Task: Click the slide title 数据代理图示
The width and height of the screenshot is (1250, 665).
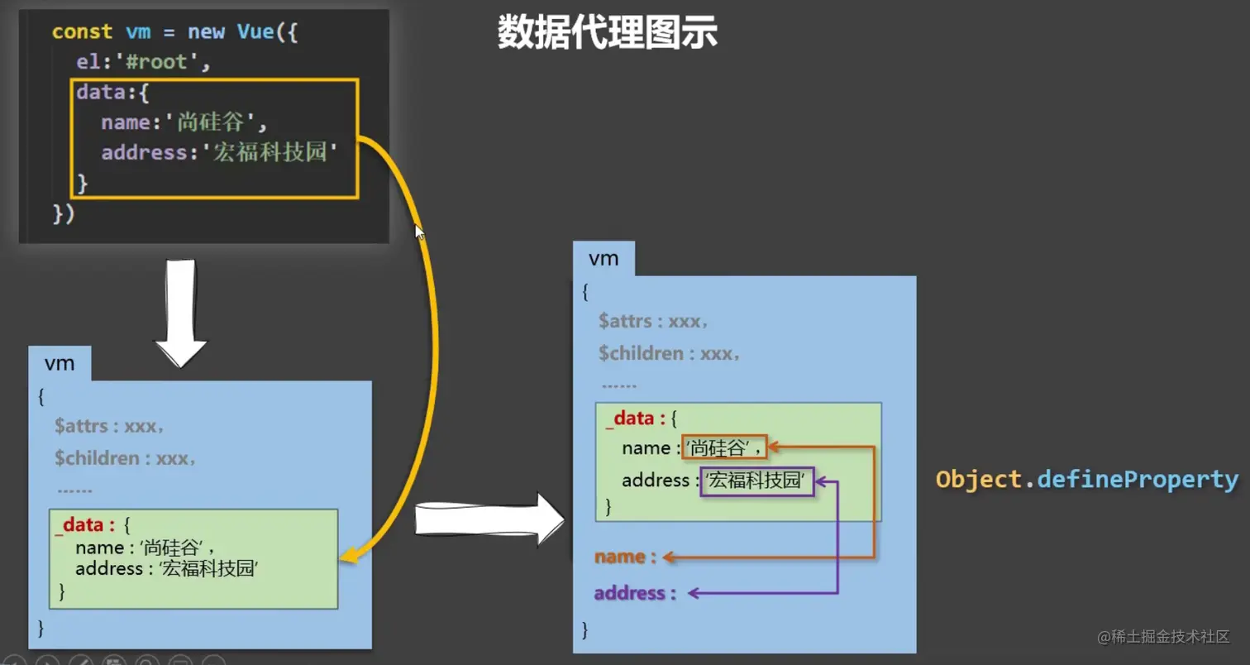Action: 607,33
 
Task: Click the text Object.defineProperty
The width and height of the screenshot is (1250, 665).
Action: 1086,480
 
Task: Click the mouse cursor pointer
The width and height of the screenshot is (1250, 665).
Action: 419,232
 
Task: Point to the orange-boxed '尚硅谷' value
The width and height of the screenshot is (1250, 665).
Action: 724,447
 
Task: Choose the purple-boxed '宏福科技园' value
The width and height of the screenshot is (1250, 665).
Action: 756,481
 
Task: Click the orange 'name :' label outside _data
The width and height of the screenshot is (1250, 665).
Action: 625,557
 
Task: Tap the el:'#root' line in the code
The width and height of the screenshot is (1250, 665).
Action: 138,62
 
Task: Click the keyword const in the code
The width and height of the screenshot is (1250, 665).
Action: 82,32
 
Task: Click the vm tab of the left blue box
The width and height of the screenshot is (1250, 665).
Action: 60,364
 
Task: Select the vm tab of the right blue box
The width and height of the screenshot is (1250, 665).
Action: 604,258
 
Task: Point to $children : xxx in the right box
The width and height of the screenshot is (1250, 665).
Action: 669,354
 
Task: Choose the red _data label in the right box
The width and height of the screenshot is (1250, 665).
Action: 630,419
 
